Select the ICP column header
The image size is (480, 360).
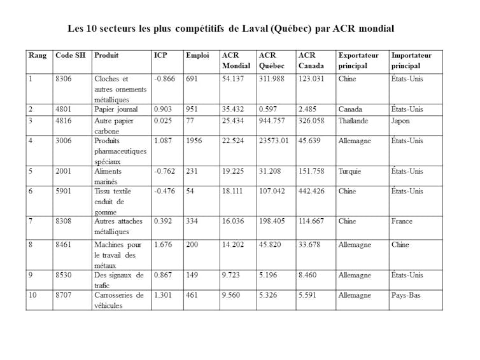(x=160, y=55)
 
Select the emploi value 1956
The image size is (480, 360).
(x=195, y=141)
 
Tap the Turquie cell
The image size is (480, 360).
(x=351, y=171)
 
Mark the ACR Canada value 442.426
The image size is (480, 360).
(x=311, y=191)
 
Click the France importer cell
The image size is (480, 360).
(x=402, y=221)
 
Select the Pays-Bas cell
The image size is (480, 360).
(x=406, y=295)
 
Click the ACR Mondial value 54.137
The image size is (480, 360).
(x=234, y=80)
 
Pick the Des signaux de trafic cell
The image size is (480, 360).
(x=119, y=280)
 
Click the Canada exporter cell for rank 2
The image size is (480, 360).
(x=351, y=109)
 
